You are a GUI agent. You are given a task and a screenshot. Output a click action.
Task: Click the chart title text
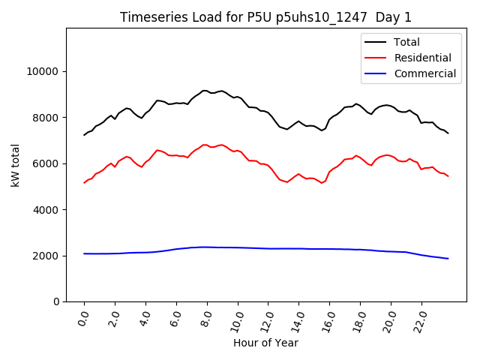[266, 17]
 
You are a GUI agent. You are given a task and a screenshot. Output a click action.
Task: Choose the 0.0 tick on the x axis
[83, 319]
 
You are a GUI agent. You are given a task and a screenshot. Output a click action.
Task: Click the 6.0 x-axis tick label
[175, 319]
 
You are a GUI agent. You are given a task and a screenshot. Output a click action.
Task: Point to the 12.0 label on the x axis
[267, 320]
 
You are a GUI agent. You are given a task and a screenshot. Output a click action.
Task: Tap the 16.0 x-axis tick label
[328, 320]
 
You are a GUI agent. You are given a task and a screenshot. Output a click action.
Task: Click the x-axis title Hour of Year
[265, 343]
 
